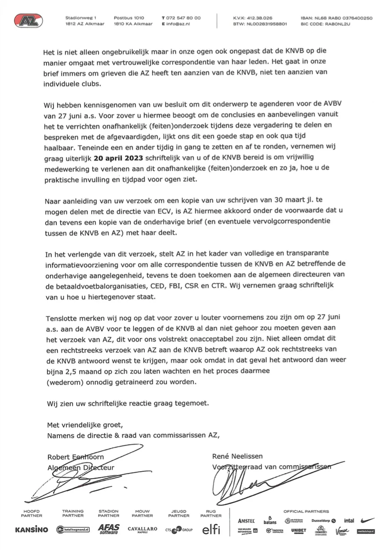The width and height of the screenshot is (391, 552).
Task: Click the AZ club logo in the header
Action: [29, 20]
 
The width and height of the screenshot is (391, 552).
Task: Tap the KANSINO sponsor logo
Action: [32, 530]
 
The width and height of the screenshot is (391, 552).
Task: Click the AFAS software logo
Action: [108, 529]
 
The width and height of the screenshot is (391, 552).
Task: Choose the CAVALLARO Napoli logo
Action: [142, 530]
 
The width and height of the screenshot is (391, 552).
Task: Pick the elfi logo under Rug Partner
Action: [211, 530]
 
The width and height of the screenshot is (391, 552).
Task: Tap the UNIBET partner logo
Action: [298, 531]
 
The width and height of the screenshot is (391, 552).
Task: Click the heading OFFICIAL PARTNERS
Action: [306, 511]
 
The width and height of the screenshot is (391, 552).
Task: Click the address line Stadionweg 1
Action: [81, 18]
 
